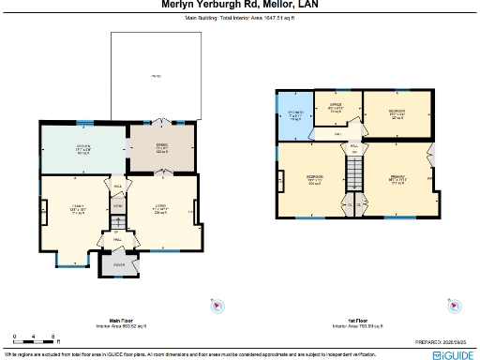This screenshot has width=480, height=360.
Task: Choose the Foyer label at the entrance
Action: click(118, 265)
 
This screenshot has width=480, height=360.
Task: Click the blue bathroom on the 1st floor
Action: click(294, 116)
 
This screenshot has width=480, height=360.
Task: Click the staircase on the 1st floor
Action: click(354, 172)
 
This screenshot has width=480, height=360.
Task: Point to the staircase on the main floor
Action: click(118, 221)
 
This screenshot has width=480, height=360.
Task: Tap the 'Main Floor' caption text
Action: click(119, 320)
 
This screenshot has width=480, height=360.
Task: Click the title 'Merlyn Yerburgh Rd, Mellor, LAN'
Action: click(239, 5)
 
